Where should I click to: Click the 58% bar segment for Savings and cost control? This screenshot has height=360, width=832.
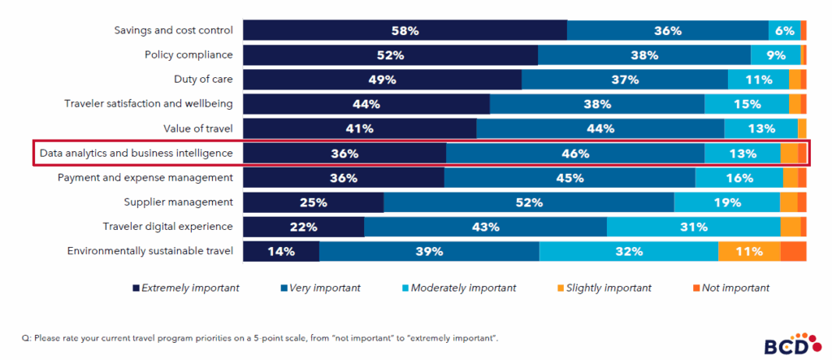coord(405,31)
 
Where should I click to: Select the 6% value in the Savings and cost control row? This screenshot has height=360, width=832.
coord(784,31)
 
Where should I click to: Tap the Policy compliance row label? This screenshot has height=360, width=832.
coord(188,55)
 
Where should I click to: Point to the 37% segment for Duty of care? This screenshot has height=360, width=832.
coord(625,80)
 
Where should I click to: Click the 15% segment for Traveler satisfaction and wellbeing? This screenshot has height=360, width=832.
coord(746,104)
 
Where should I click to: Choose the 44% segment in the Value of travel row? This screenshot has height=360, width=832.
coord(600,128)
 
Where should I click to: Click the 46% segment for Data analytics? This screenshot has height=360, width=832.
coord(574,153)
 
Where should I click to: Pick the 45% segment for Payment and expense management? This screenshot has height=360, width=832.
coord(570,178)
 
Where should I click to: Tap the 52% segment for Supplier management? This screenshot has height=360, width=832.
coord(528,202)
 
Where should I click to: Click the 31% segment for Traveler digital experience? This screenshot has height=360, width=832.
coord(693,227)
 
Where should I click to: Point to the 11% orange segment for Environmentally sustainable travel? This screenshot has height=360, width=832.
coord(748,251)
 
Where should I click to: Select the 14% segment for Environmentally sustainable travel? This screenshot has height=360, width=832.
coord(281,251)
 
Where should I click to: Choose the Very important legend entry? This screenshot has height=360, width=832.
coord(321,288)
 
